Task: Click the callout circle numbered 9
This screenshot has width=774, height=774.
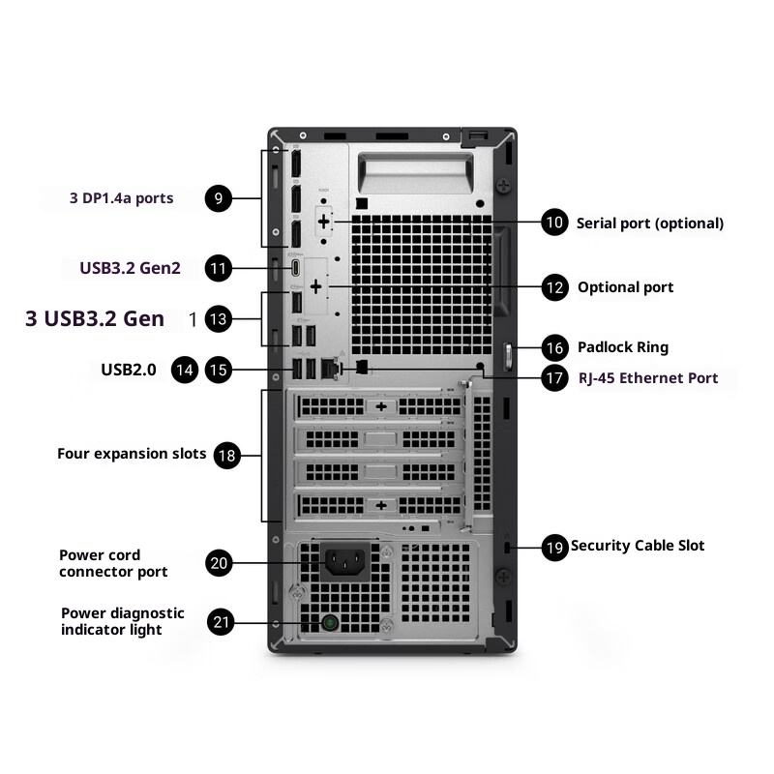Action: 219,198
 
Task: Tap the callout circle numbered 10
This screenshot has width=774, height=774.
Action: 554,223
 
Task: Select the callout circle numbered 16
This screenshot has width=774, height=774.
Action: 554,347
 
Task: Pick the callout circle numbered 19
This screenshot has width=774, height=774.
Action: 554,547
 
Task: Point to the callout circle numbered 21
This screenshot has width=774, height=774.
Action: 221,622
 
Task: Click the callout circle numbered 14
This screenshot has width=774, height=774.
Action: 185,370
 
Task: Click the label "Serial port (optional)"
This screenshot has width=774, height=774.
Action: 650,223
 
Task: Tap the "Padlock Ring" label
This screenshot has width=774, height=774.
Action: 623,347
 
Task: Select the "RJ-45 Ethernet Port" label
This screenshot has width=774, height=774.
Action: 648,378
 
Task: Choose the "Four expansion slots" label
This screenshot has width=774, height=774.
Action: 132,454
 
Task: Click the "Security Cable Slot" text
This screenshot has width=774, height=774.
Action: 638,546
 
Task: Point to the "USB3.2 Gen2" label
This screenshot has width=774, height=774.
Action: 130,268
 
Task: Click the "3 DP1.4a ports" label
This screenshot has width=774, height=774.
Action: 122,198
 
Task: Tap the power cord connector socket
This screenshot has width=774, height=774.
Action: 345,561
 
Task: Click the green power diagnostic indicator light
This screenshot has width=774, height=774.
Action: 330,622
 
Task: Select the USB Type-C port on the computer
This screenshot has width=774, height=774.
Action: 295,268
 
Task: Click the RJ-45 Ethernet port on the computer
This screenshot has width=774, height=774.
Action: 329,369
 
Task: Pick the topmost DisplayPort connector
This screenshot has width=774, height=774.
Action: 295,163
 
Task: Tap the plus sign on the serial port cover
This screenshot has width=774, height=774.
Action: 323,222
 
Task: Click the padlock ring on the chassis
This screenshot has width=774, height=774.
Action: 507,356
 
